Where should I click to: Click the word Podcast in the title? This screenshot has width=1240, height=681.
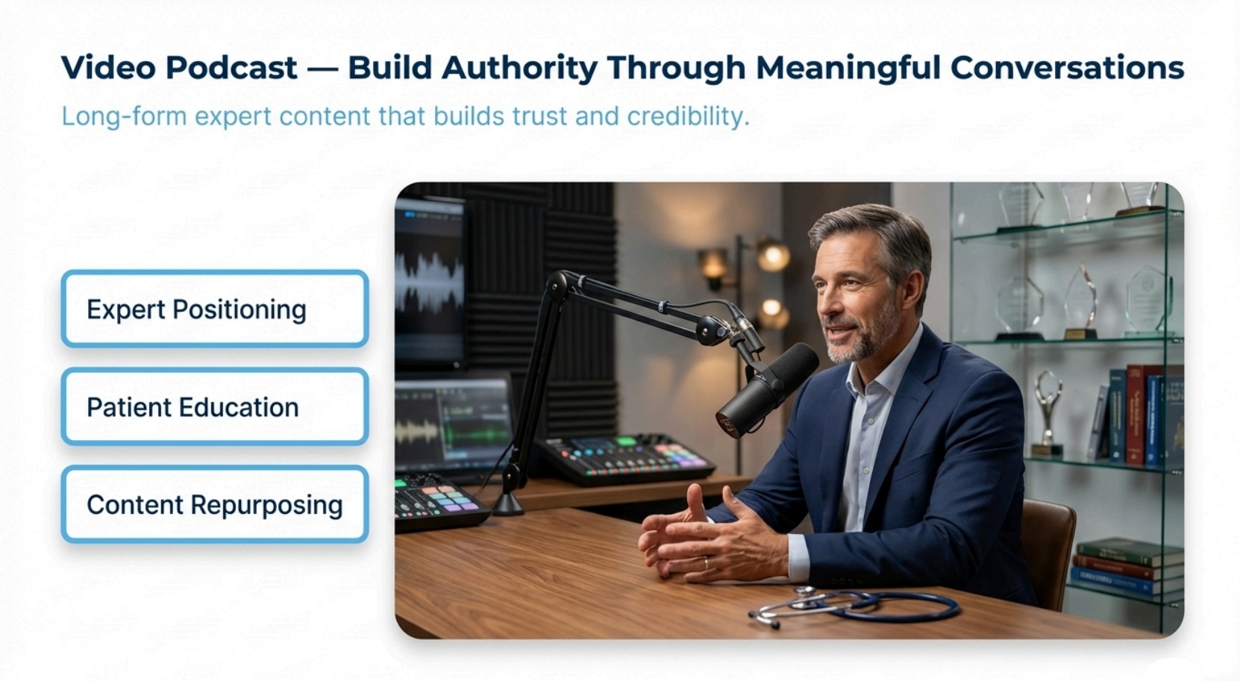[x=231, y=68]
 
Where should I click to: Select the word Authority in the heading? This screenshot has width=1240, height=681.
[x=519, y=69]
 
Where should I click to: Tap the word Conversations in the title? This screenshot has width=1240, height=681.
[x=1067, y=68]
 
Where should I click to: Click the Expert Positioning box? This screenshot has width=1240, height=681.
[x=215, y=309]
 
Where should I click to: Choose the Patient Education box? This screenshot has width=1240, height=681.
[x=215, y=407]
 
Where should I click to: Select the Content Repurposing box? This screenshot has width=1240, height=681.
[x=215, y=504]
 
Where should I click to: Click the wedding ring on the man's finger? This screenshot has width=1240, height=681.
[x=705, y=563]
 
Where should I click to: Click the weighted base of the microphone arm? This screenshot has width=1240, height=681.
[x=507, y=503]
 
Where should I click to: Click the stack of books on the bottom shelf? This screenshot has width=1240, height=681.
[x=1127, y=567]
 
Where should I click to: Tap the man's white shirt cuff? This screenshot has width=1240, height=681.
[x=798, y=558]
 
